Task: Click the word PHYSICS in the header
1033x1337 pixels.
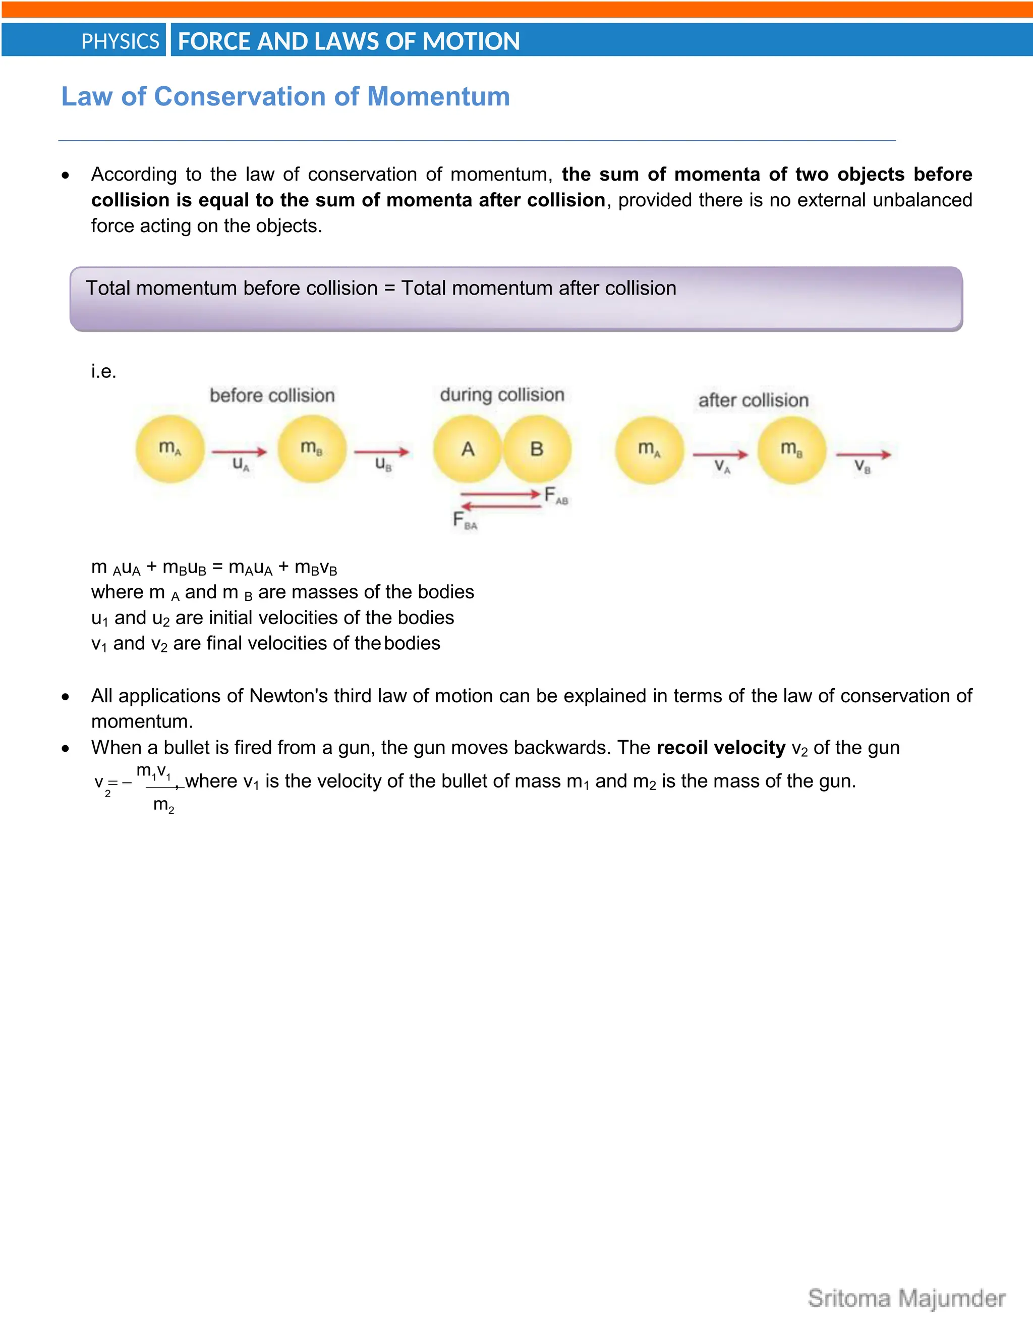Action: tap(120, 42)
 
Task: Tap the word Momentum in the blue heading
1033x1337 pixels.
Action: tap(438, 97)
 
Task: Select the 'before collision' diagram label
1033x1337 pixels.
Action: tap(272, 396)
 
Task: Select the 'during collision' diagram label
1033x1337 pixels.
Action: tap(502, 395)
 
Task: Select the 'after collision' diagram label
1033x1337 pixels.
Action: tap(754, 401)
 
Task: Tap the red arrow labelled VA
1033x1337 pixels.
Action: tap(720, 454)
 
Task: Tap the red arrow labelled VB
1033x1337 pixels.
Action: tap(863, 454)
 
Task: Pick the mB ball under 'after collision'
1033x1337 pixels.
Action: tap(791, 450)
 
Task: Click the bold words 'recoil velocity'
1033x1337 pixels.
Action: tap(720, 748)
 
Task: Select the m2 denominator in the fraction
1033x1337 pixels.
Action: tap(163, 805)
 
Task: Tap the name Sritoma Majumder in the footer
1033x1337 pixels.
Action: tap(906, 1299)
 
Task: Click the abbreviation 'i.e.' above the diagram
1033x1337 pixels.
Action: tap(103, 371)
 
